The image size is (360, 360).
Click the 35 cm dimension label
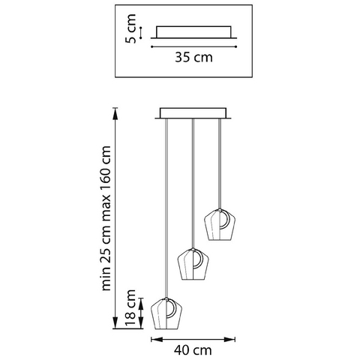[193, 57]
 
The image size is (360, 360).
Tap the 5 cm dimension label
[131, 28]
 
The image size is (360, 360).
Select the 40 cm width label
[193, 350]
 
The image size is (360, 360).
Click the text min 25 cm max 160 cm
[106, 218]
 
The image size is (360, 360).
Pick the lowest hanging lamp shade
[166, 313]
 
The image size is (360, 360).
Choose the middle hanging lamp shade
[193, 264]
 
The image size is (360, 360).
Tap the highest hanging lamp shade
[220, 224]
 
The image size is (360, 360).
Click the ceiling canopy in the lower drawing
[193, 113]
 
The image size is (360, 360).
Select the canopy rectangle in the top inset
[193, 32]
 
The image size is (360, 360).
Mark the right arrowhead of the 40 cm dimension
[229, 339]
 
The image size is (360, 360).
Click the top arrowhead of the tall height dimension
[115, 114]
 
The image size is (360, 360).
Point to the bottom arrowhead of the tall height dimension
[115, 322]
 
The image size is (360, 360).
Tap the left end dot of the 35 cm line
[151, 46]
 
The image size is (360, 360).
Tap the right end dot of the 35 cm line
[236, 46]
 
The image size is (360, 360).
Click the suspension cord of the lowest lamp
[166, 208]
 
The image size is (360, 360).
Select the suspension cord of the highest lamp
[220, 163]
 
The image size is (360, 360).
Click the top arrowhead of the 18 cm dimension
[142, 303]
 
